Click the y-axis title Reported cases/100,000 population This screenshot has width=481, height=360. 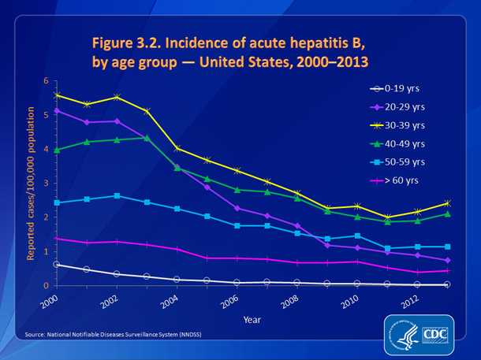tap(32, 183)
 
